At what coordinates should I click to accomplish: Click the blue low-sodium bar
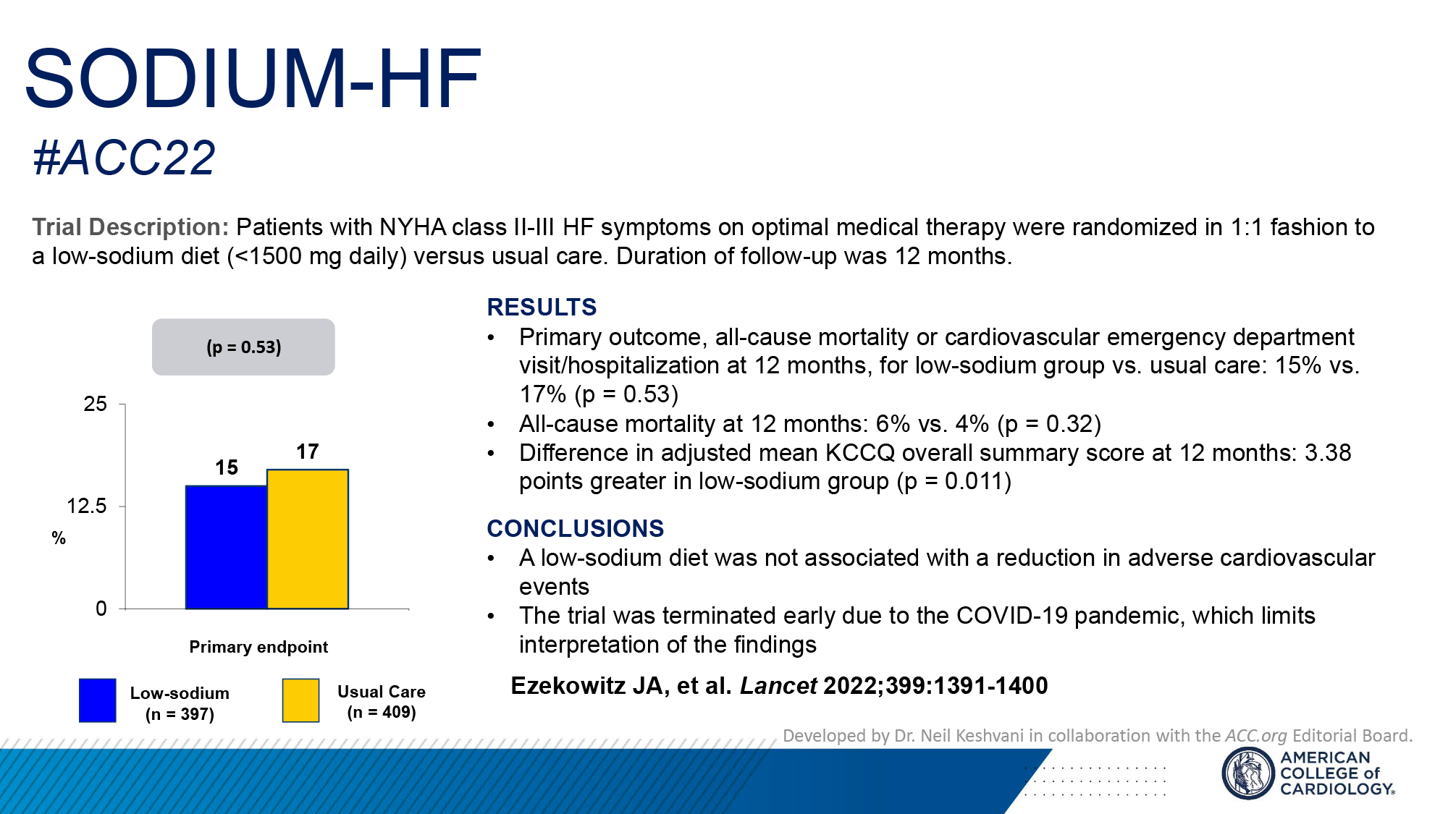click(226, 547)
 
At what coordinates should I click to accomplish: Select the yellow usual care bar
click(308, 539)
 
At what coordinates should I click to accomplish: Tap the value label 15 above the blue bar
click(227, 468)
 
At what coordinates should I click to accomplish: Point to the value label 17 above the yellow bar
click(308, 452)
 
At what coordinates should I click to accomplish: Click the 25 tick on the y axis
click(96, 404)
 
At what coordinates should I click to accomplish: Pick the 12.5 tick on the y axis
click(87, 506)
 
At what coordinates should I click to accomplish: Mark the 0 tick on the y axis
click(101, 609)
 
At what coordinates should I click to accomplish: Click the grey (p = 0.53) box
click(243, 347)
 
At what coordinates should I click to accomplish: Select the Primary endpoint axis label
click(258, 647)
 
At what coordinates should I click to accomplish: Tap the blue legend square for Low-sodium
click(98, 700)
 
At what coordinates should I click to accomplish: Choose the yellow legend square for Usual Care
click(300, 700)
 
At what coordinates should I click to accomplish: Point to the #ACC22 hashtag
click(125, 158)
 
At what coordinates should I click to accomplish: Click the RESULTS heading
click(542, 308)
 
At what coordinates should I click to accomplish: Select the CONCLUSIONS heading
click(575, 529)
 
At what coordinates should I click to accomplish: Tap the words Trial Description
click(130, 227)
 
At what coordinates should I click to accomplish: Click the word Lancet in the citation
click(778, 686)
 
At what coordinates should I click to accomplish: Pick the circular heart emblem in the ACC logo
click(1247, 773)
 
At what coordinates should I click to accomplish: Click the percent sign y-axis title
click(59, 538)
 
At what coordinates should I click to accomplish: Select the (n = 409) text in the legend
click(382, 712)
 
